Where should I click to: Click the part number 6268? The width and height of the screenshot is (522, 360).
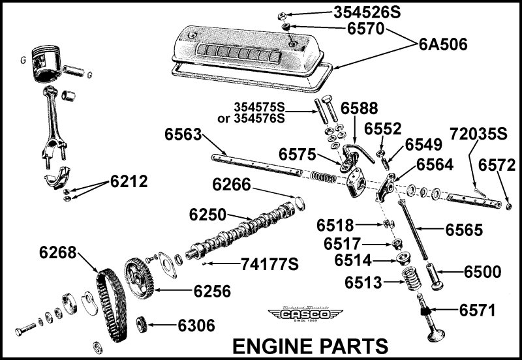(58, 252)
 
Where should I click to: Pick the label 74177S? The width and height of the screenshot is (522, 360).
(269, 264)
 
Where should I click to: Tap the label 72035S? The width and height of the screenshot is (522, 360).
(478, 134)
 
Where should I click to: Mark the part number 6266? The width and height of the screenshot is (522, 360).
(231, 185)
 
